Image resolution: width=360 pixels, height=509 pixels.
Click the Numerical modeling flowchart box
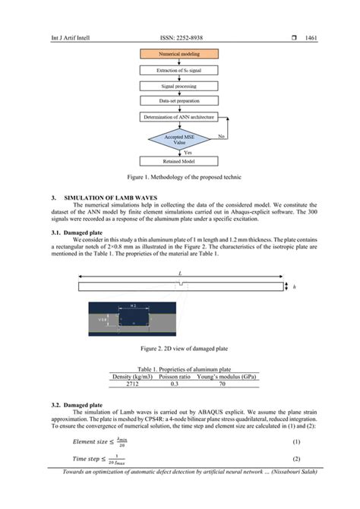pyautogui.click(x=180, y=55)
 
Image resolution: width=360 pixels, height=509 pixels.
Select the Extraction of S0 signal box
pyautogui.click(x=180, y=71)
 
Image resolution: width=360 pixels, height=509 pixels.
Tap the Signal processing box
pyautogui.click(x=180, y=87)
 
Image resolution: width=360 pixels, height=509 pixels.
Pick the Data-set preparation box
pyautogui.click(x=180, y=102)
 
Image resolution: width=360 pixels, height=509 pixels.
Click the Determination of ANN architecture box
pyautogui.click(x=180, y=117)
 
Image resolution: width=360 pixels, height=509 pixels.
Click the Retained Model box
pyautogui.click(x=180, y=162)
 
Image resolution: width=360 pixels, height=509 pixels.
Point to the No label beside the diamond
pyautogui.click(x=222, y=135)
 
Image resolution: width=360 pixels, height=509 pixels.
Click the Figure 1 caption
pyautogui.click(x=180, y=178)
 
